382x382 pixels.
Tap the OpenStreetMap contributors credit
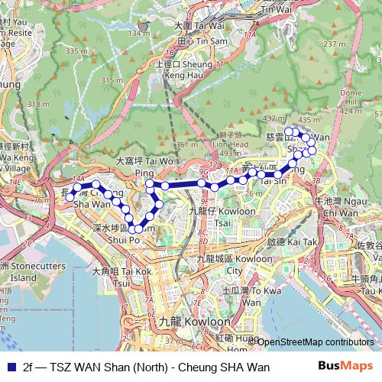315,342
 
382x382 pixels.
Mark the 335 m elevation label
75,50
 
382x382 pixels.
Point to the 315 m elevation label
112,80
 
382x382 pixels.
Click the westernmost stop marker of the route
70,197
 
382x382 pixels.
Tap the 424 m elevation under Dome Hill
350,111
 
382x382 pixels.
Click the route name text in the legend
146,367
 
